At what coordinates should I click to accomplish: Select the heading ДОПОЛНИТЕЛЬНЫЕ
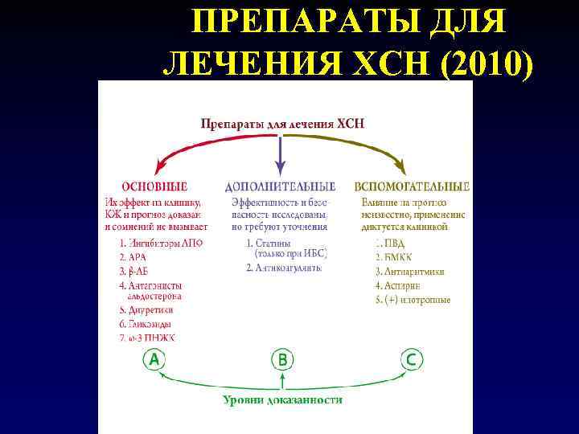pos(280,186)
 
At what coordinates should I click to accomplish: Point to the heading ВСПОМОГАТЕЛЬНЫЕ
pos(412,186)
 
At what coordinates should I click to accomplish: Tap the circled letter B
pos(281,359)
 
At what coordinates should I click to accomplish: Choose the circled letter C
pos(411,359)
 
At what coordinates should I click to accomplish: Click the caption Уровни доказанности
pos(282,399)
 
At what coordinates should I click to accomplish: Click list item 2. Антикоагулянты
pos(284,267)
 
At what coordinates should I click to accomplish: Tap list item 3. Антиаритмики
pos(410,271)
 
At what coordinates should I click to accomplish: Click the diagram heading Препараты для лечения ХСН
pos(281,124)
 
